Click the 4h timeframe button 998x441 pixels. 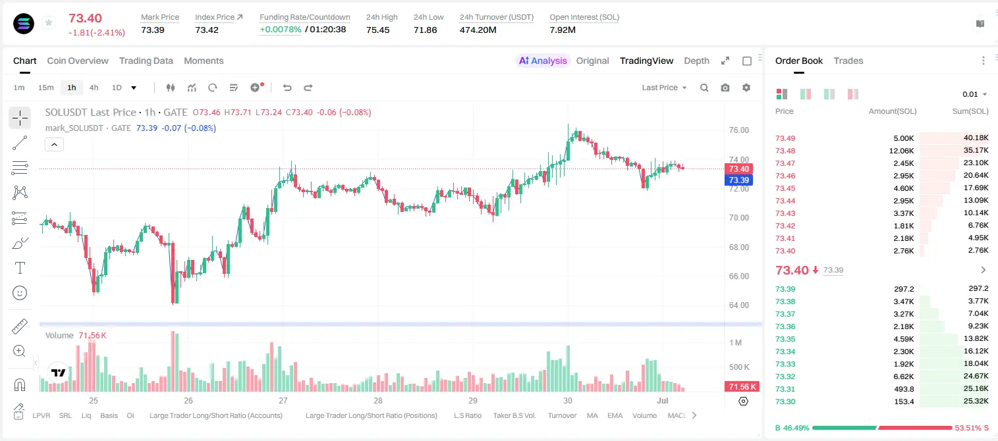point(94,88)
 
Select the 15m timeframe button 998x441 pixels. point(45,88)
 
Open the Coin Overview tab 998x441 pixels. point(78,61)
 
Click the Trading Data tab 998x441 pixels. point(146,61)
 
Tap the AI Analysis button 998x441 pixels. point(543,61)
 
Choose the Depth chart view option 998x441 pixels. point(696,61)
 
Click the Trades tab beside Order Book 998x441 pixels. point(848,61)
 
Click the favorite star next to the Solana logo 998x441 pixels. point(49,22)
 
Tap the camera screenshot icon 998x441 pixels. point(725,88)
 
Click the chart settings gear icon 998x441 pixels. point(746,88)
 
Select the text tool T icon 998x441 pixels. point(20,268)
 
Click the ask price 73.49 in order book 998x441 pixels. point(785,138)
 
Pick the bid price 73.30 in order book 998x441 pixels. point(785,402)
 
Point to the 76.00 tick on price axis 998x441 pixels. point(738,130)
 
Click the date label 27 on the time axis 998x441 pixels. point(283,400)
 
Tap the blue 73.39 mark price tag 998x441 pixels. point(738,180)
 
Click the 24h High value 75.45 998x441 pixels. point(378,30)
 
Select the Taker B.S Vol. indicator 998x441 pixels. point(514,415)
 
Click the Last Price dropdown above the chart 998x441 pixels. point(664,88)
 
